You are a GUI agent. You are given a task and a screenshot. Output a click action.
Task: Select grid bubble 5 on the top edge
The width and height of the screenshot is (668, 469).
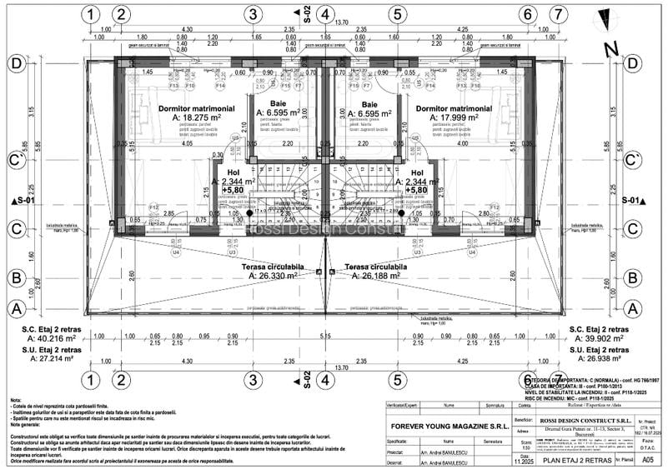tap(397, 14)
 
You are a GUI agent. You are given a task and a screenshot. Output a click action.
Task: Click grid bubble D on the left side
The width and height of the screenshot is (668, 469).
tap(15, 63)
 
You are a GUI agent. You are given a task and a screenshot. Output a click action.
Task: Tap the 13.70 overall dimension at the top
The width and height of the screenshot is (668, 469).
tap(341, 23)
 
